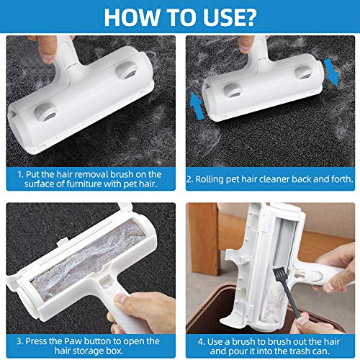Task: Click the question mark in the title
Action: (x=248, y=17)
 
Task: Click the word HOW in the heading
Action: (x=132, y=17)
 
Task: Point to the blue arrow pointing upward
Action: (x=197, y=106)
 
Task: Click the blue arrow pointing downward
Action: (x=332, y=73)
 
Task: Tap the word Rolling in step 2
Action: (x=210, y=179)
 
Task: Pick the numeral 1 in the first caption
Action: (x=19, y=174)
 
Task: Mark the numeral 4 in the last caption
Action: (x=201, y=342)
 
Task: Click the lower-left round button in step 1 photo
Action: (x=46, y=112)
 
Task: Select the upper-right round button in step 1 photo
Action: (x=127, y=71)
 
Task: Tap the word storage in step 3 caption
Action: (x=89, y=351)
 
